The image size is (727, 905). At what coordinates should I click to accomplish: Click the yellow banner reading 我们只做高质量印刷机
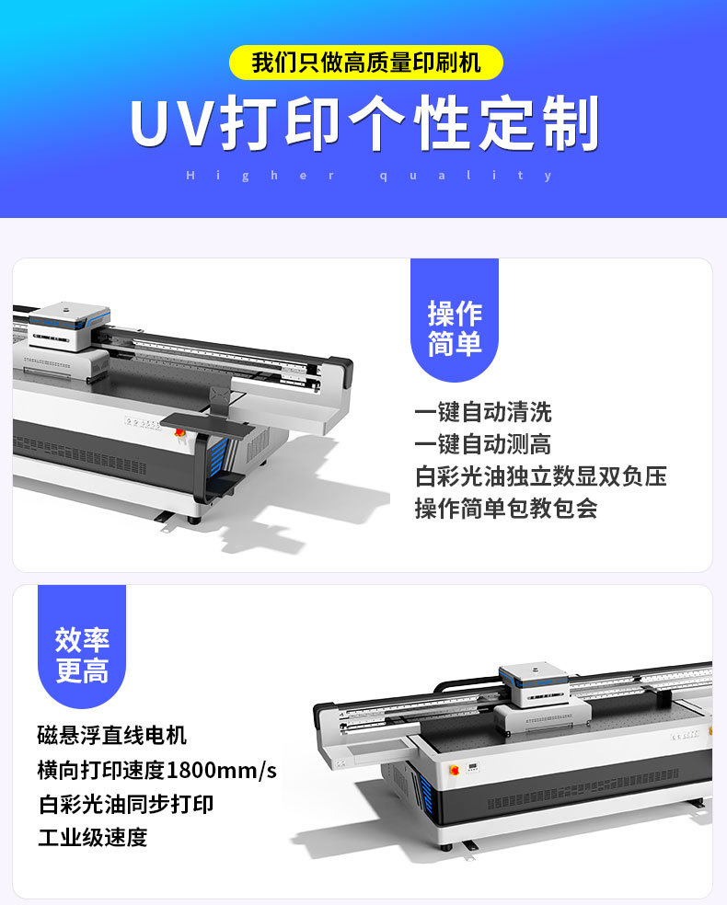pyautogui.click(x=365, y=63)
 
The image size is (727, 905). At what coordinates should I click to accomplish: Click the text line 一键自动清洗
pyautogui.click(x=483, y=412)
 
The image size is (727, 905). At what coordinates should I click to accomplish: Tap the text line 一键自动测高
pyautogui.click(x=483, y=444)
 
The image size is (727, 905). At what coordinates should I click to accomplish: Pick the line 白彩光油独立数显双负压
pyautogui.click(x=541, y=476)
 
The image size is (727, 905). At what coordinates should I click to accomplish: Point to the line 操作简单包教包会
pyautogui.click(x=506, y=509)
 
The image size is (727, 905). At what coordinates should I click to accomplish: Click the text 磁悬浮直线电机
pyautogui.click(x=112, y=736)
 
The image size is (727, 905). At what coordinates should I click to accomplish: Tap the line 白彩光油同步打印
pyautogui.click(x=126, y=804)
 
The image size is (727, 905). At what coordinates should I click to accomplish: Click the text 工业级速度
pyautogui.click(x=92, y=838)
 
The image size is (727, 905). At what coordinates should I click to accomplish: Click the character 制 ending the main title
pyautogui.click(x=571, y=125)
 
